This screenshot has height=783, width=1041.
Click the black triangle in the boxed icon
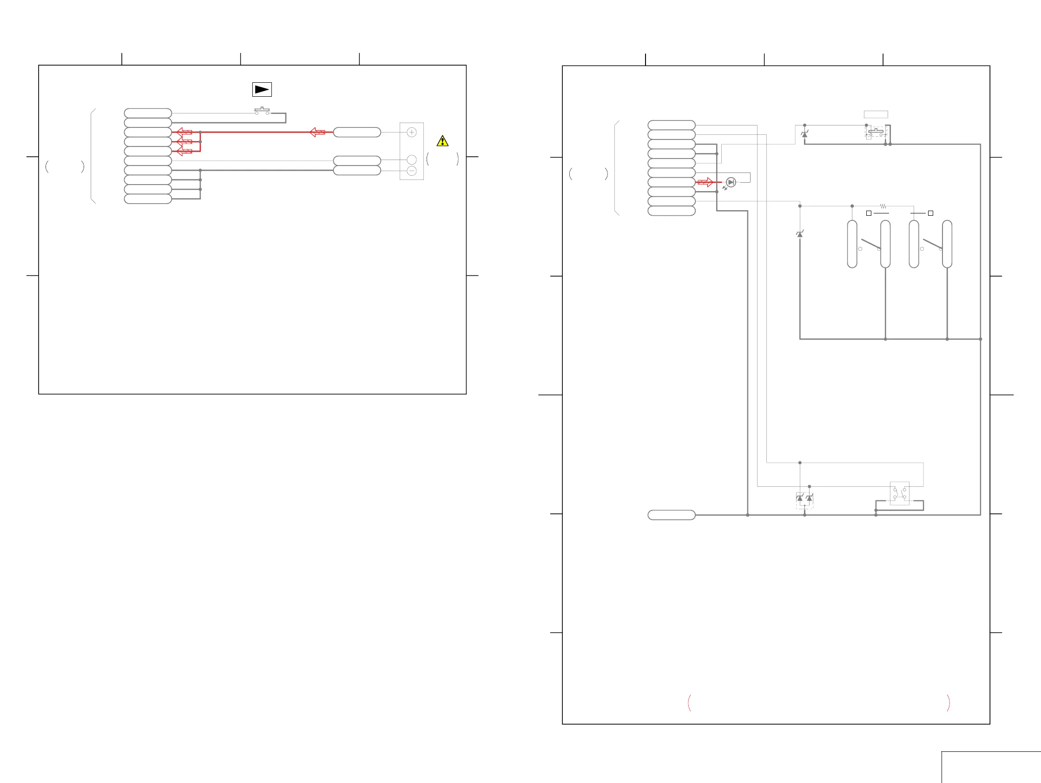(262, 89)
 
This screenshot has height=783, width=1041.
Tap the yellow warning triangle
(442, 141)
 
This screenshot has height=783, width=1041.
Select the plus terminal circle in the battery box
(412, 133)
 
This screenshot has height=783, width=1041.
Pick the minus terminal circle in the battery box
(412, 171)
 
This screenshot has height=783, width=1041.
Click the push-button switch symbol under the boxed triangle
(262, 112)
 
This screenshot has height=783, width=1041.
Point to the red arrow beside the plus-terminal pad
(318, 133)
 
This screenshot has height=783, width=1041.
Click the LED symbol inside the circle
(731, 182)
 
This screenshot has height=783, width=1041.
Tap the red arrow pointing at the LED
(705, 182)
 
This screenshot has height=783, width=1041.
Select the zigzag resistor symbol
(883, 206)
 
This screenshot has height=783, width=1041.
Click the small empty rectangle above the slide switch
(876, 114)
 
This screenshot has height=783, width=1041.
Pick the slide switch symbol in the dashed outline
(876, 133)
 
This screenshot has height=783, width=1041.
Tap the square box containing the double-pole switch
(899, 493)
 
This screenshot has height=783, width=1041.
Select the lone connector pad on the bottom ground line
(672, 515)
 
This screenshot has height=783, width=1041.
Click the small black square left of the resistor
(869, 213)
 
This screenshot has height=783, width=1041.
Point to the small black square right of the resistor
(930, 213)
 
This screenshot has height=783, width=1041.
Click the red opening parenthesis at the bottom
(690, 703)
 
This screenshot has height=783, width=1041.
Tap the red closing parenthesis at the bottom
(949, 703)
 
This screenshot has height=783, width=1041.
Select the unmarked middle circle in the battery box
(412, 160)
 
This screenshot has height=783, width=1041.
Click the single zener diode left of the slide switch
(804, 135)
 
